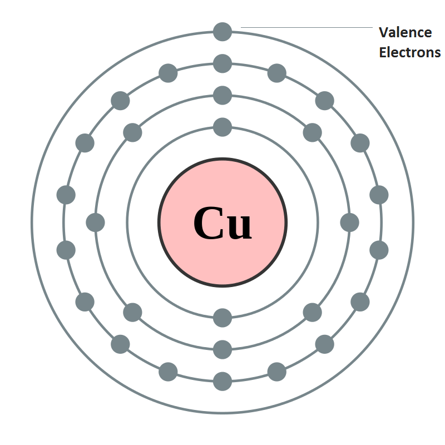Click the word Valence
406,32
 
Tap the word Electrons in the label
410,52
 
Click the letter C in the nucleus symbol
208,223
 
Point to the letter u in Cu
239,227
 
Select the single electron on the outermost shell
222,32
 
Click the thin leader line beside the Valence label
306,27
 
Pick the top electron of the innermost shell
222,127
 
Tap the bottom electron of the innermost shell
222,318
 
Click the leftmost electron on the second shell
95,222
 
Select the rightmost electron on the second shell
350,222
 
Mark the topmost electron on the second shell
222,95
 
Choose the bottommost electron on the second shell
222,350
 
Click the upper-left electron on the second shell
132,132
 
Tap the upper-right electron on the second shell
313,132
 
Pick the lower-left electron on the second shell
132,313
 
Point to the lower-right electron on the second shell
313,313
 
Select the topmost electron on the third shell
222,63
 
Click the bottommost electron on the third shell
222,382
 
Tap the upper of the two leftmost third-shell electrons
66,195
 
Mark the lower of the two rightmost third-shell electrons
379,250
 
